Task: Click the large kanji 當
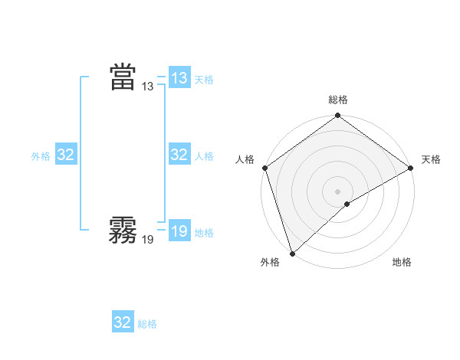point(123,77)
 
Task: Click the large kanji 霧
point(123,229)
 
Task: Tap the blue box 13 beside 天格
point(179,77)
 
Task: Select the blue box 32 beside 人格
point(179,155)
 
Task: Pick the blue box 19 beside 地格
point(179,231)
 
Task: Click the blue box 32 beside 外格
point(65,155)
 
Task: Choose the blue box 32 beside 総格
point(123,322)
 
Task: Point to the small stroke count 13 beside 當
point(148,87)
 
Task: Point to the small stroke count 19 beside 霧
point(148,240)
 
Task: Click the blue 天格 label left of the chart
point(204,79)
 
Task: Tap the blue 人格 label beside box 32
point(204,156)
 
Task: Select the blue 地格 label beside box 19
point(204,233)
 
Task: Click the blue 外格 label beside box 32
point(41,156)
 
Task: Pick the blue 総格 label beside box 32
point(147,324)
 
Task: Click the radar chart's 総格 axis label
point(338,100)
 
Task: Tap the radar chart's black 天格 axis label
point(432,159)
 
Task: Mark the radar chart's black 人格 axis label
point(245,159)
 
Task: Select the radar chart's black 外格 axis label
point(270,263)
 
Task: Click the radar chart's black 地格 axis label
point(402,263)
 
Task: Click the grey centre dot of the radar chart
point(337,191)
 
